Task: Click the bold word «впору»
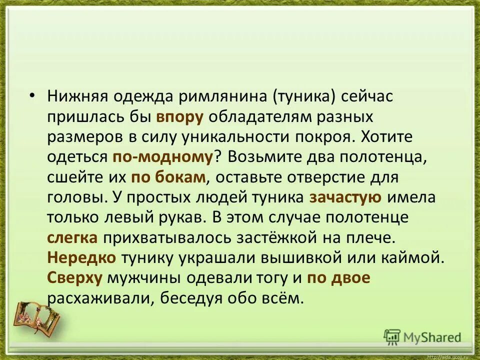[x=180, y=117]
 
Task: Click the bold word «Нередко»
[x=82, y=258]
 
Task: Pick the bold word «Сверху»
[x=75, y=278]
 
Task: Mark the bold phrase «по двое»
[x=339, y=278]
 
